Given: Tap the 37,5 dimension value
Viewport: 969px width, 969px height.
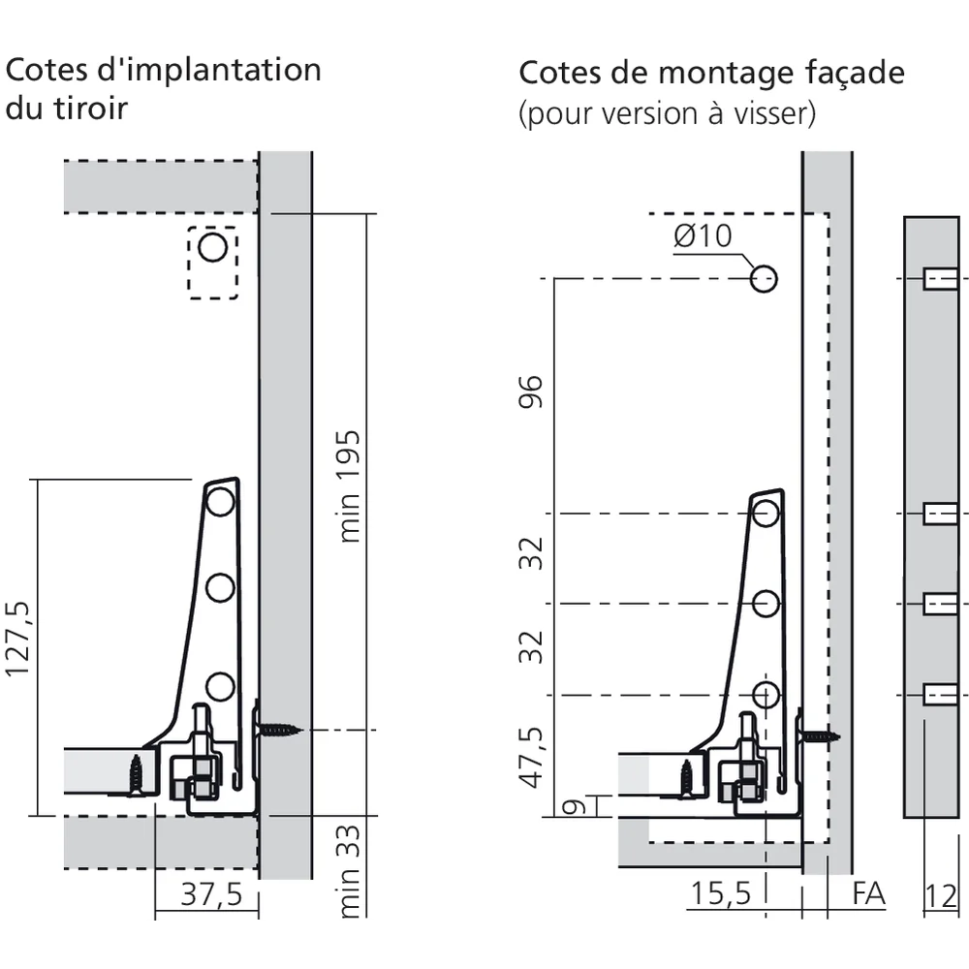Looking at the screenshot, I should tap(212, 893).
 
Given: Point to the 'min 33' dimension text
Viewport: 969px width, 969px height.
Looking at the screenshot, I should tap(350, 869).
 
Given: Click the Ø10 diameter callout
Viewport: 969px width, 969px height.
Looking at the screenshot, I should tap(703, 235).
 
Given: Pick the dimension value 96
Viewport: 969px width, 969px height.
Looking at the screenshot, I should tap(532, 391).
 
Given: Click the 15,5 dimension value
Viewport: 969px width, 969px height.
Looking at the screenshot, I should tap(721, 893).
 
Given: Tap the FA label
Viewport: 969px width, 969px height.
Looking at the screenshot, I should tap(868, 893).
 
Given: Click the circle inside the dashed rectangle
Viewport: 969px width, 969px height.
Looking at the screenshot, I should tap(212, 247).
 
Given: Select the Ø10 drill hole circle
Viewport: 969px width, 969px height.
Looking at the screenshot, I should tap(764, 279).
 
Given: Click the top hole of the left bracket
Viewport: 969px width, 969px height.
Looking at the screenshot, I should tap(220, 501).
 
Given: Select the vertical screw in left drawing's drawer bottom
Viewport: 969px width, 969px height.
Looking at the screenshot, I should tap(136, 774).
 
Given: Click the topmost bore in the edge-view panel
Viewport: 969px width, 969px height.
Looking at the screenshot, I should tap(938, 279).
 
